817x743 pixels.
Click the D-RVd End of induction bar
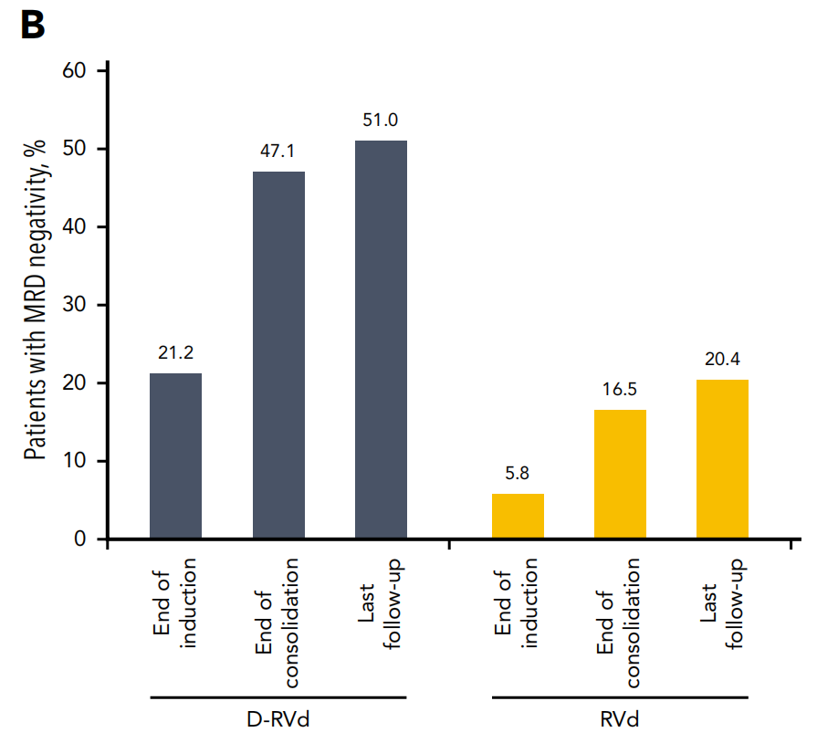click(175, 455)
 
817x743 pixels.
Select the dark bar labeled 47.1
click(278, 355)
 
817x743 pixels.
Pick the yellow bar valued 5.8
click(518, 516)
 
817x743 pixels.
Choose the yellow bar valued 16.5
click(620, 474)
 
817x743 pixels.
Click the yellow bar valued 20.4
click(722, 459)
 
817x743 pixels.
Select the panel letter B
click(32, 26)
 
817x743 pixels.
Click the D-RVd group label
click(278, 719)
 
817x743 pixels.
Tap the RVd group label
click(620, 719)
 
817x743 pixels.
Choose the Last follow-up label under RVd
click(722, 602)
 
